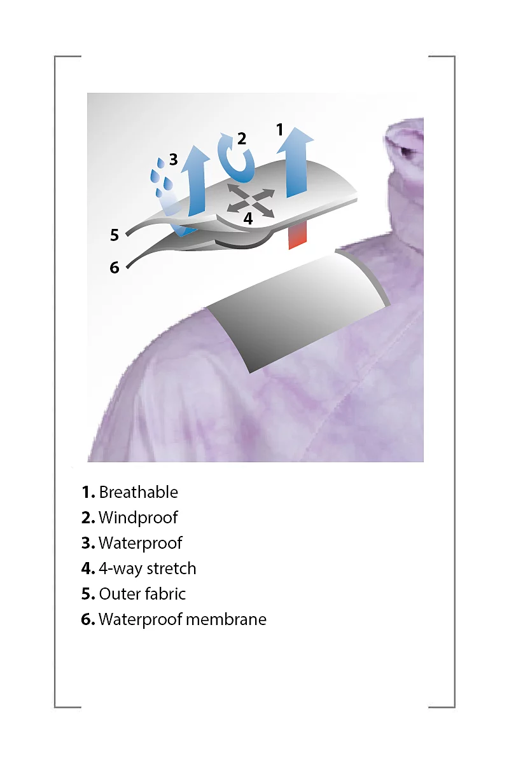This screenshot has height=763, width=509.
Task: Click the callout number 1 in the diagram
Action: (280, 130)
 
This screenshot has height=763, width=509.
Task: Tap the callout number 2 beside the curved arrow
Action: (241, 139)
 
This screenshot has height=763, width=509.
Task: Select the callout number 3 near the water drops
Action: (174, 160)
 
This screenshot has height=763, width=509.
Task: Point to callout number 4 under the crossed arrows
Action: (248, 219)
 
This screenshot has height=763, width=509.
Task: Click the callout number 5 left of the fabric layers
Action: (115, 235)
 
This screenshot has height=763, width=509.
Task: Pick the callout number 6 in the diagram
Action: (115, 268)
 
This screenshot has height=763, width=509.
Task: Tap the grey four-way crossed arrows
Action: (251, 200)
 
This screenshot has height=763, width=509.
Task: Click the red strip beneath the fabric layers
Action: (298, 235)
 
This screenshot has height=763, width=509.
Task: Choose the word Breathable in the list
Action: (139, 493)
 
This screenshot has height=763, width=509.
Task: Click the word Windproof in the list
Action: (138, 518)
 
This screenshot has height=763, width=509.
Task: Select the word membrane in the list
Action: (227, 619)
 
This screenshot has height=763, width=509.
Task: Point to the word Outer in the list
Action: (118, 594)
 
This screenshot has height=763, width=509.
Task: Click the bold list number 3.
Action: (88, 543)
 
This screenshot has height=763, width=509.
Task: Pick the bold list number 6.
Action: (88, 619)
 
